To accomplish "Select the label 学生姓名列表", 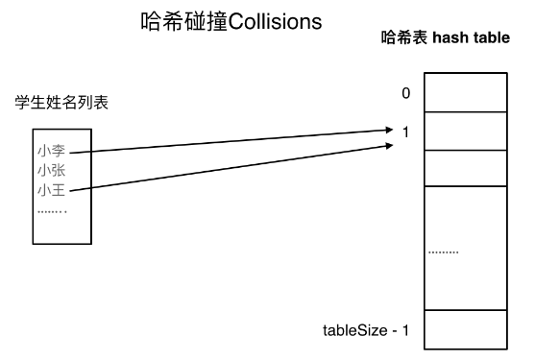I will click(x=61, y=103).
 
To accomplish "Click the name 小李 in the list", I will click(x=51, y=151).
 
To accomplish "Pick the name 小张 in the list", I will click(x=51, y=170).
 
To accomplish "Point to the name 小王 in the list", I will click(x=51, y=190).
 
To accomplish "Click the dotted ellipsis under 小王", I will click(x=52, y=209).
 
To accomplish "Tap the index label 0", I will click(x=406, y=93).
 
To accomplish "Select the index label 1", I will click(x=406, y=132).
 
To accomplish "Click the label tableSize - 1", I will click(x=366, y=331).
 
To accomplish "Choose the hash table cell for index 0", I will click(x=465, y=93).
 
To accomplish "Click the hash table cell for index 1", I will click(x=465, y=131).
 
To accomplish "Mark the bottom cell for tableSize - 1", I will click(x=465, y=329).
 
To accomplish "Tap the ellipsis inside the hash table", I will click(x=444, y=252).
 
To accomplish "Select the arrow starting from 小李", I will click(x=231, y=140).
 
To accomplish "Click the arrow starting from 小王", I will click(x=231, y=168).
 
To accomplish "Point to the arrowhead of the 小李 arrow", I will click(x=390, y=129).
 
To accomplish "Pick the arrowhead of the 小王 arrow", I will click(x=390, y=145).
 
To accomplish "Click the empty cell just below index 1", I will click(x=465, y=167).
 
